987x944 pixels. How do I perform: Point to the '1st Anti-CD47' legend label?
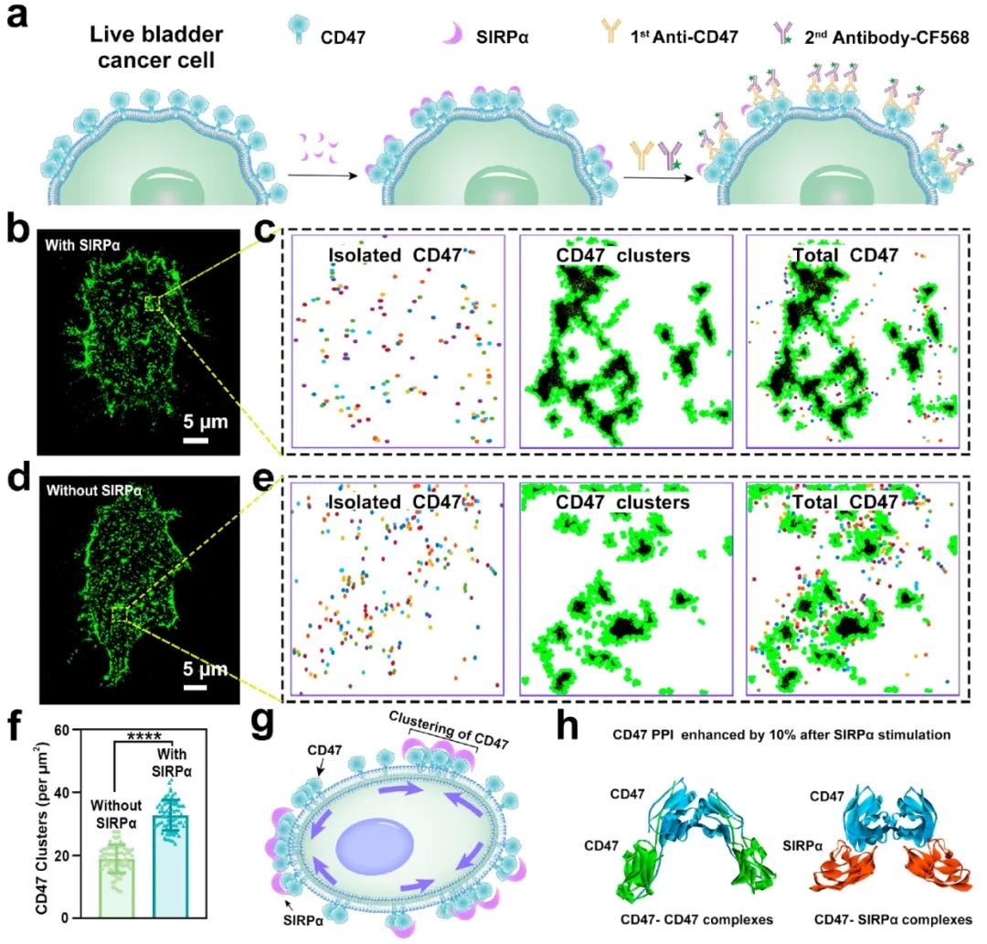coord(681,38)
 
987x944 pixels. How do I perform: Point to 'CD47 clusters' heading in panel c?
coord(622,255)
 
